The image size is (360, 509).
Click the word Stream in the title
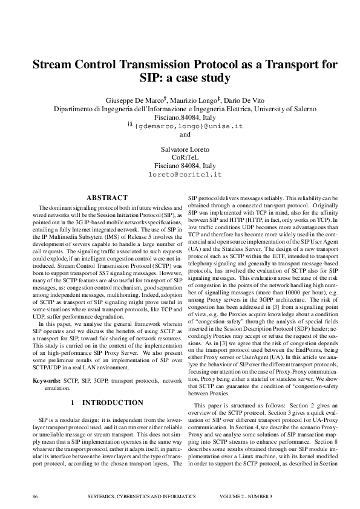pyautogui.click(x=53, y=65)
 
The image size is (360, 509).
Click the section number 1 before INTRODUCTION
pyautogui.click(x=73, y=402)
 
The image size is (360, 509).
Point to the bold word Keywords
pyautogui.click(x=46, y=381)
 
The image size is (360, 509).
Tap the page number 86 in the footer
pyautogui.click(x=35, y=496)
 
